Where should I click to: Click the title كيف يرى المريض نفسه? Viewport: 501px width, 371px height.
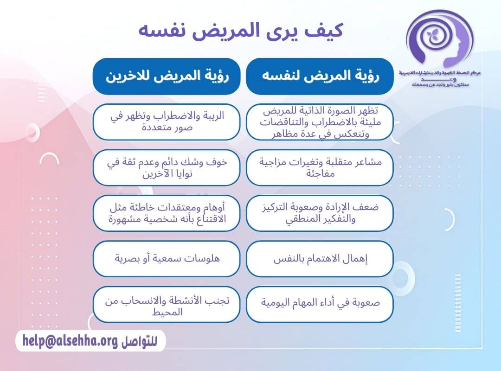241,31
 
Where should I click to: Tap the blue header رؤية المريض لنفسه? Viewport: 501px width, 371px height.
320,77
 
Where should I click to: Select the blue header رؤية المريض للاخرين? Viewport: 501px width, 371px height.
167,77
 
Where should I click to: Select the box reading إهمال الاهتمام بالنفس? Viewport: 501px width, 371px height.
320,258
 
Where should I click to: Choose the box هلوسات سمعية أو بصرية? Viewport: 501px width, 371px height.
167,258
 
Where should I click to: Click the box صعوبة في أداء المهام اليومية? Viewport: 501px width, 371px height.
320,304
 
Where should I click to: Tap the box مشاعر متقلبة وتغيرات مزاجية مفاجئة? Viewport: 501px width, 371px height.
320,167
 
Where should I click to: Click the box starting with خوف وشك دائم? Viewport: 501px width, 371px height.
167,167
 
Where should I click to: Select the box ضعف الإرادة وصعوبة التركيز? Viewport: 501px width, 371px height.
320,213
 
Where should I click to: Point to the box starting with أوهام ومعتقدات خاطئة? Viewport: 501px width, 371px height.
167,213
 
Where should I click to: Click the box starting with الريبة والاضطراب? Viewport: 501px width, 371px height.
167,122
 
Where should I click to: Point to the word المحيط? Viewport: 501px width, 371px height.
167,312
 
